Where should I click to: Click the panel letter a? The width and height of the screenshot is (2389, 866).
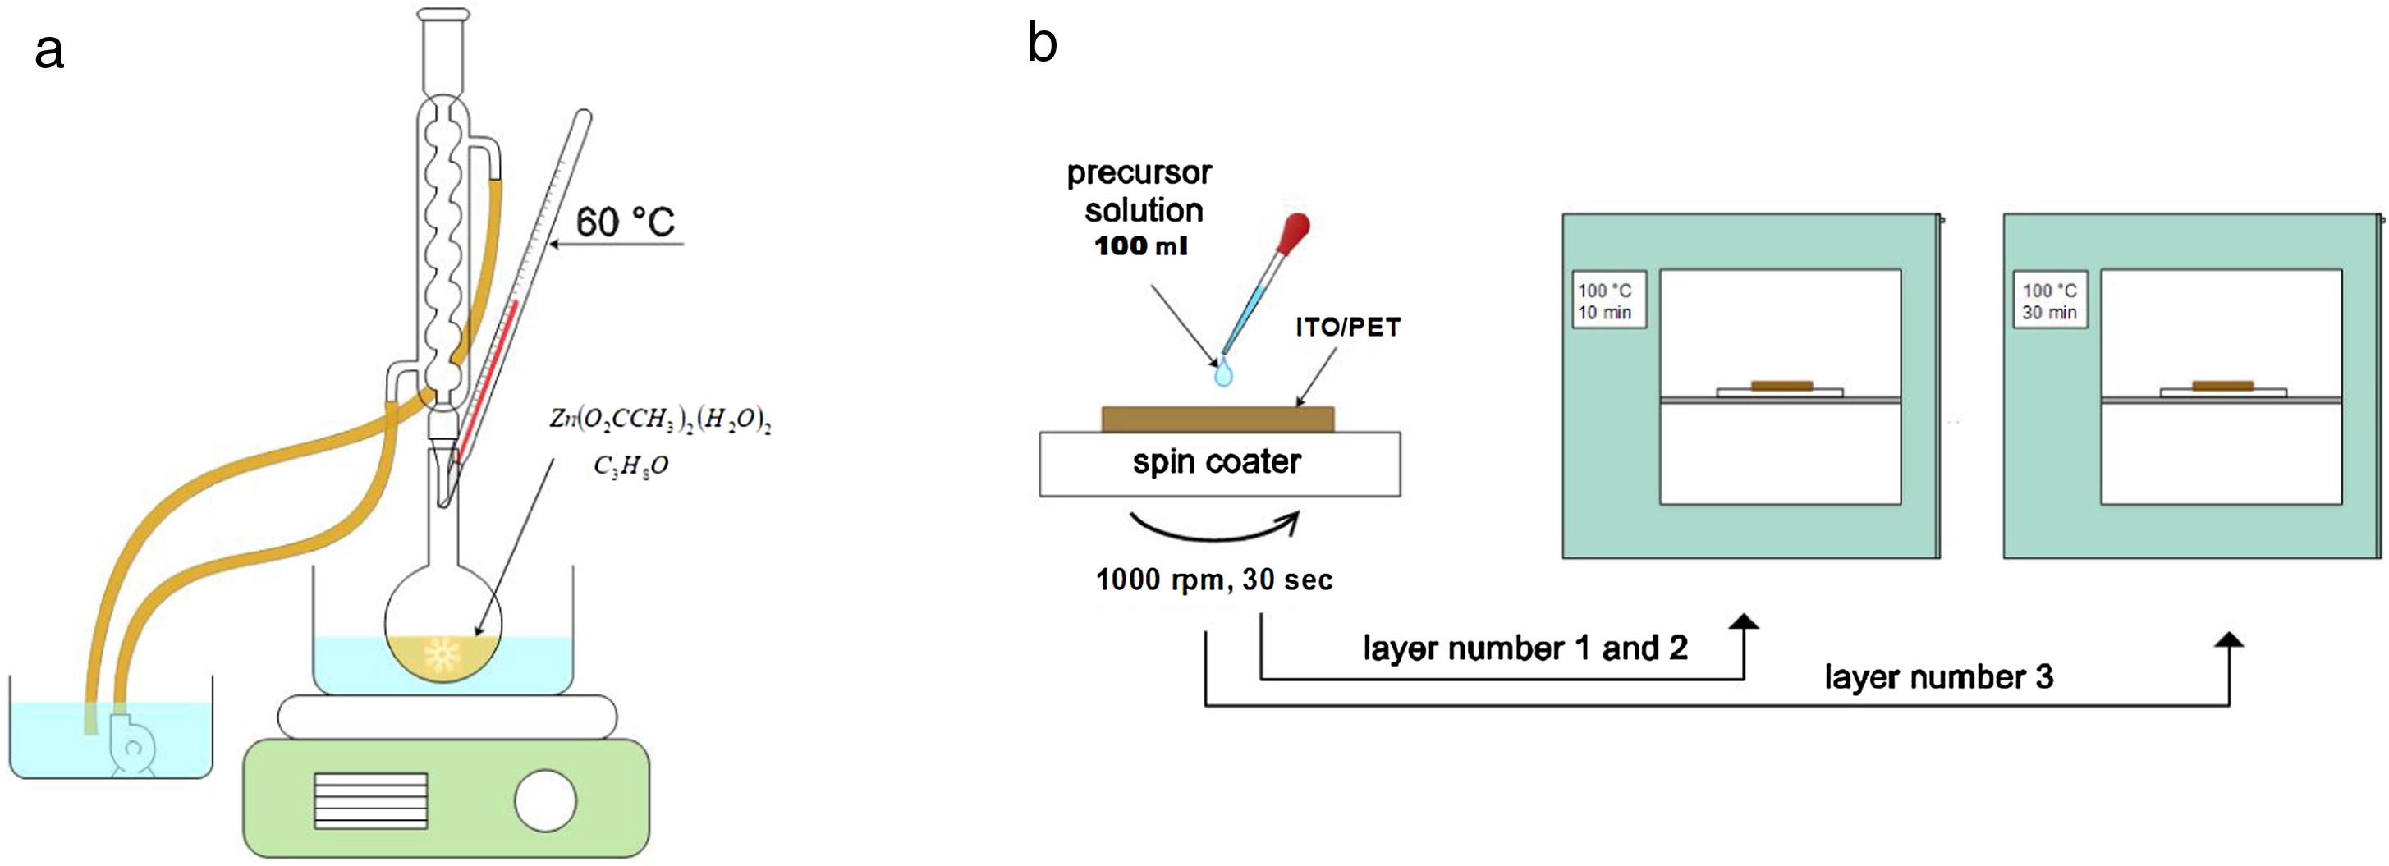pyautogui.click(x=49, y=51)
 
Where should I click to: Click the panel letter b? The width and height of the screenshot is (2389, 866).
pyautogui.click(x=1043, y=44)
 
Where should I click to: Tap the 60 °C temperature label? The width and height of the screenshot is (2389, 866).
pyautogui.click(x=625, y=222)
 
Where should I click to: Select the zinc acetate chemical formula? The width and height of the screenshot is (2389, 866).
pyautogui.click(x=660, y=420)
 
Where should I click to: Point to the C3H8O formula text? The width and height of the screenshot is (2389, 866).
pyautogui.click(x=630, y=465)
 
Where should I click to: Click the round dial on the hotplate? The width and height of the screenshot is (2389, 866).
pyautogui.click(x=545, y=801)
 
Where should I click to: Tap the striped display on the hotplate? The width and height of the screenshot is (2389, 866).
pyautogui.click(x=371, y=801)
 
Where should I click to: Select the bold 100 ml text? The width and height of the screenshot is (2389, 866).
pyautogui.click(x=1140, y=246)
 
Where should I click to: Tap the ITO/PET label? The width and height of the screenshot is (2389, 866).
pyautogui.click(x=1347, y=328)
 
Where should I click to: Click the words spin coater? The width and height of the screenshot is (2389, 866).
pyautogui.click(x=1217, y=462)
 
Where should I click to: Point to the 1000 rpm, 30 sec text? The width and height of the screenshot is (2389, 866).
pyautogui.click(x=1214, y=580)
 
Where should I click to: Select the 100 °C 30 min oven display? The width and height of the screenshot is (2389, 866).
pyautogui.click(x=2050, y=300)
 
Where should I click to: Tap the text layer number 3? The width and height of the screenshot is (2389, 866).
pyautogui.click(x=1938, y=677)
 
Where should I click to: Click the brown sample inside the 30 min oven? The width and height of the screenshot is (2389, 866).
pyautogui.click(x=2222, y=386)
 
